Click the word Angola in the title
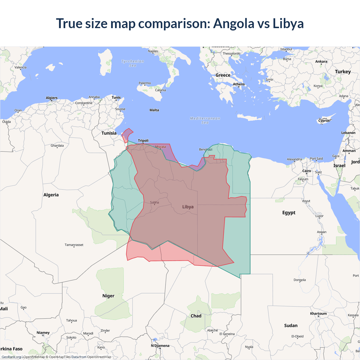click(x=233, y=24)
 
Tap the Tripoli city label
click(x=143, y=141)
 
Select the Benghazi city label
click(x=206, y=149)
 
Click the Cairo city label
click(x=307, y=171)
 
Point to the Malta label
click(x=154, y=110)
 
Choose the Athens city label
click(x=239, y=84)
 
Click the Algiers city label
click(x=51, y=98)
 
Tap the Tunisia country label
click(x=109, y=133)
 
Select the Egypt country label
click(x=289, y=213)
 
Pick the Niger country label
click(x=108, y=296)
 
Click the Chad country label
click(x=196, y=316)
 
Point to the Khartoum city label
click(x=318, y=314)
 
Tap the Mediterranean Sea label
click(x=205, y=120)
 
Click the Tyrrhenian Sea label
click(x=132, y=63)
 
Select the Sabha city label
click(x=154, y=202)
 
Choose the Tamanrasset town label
click(x=74, y=245)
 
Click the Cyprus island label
click(x=324, y=121)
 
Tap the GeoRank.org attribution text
click(x=11, y=357)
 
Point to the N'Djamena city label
click(x=160, y=346)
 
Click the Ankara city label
click(x=321, y=62)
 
